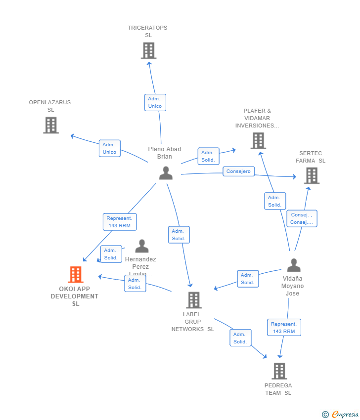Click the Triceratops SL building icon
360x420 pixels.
click(148, 50)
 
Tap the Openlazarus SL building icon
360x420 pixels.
click(50, 125)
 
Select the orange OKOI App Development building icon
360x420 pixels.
click(76, 274)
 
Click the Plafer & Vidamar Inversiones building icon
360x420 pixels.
click(258, 141)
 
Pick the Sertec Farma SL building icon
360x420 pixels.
click(311, 175)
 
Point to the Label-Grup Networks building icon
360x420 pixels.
click(193, 300)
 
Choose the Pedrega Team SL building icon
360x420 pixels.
click(279, 371)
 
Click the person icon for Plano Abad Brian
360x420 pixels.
click(166, 173)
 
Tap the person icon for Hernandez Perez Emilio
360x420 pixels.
click(142, 246)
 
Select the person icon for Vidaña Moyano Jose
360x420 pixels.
click(294, 265)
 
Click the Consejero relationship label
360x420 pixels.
click(239, 171)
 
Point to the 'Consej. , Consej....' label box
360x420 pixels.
click(302, 218)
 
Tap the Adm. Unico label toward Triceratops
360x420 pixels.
click(155, 102)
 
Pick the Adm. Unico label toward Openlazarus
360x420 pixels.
click(109, 148)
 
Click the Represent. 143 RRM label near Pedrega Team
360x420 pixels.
click(284, 328)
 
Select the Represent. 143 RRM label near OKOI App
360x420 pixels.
click(120, 222)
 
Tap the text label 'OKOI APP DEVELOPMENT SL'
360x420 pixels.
click(75, 296)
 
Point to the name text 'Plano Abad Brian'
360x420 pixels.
click(165, 153)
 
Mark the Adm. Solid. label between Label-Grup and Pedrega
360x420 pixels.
click(240, 338)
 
